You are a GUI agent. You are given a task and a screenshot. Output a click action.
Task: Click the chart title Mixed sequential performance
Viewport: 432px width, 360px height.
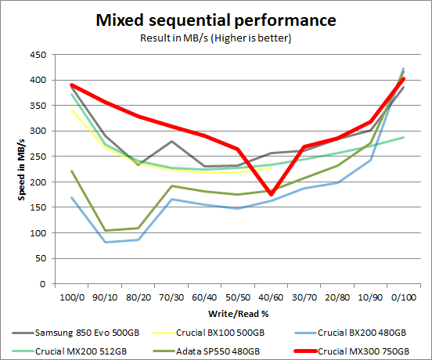pyautogui.click(x=215, y=19)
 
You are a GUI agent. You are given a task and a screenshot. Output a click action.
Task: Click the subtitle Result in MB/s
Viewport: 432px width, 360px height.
pyautogui.click(x=215, y=37)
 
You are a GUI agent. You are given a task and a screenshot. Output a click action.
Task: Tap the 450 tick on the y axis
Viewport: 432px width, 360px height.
pyautogui.click(x=36, y=55)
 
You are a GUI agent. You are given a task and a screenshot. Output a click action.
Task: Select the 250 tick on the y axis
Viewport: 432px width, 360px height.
pyautogui.click(x=36, y=157)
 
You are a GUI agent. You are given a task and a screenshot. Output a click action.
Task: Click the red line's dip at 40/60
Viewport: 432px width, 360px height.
pyautogui.click(x=271, y=194)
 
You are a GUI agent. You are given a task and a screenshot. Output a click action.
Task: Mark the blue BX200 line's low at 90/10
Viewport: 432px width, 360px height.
pyautogui.click(x=105, y=242)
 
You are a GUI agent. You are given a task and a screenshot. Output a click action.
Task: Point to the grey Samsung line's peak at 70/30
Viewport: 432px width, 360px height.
pyautogui.click(x=171, y=142)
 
